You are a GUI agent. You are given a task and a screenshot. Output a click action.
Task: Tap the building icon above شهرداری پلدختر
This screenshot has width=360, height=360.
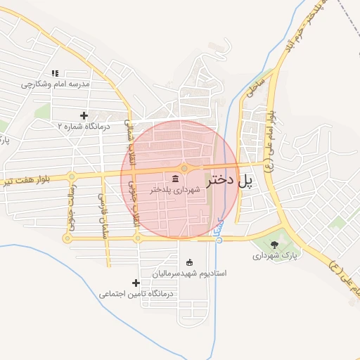[174, 179]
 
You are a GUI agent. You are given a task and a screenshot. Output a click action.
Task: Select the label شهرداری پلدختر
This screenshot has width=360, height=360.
[175, 190]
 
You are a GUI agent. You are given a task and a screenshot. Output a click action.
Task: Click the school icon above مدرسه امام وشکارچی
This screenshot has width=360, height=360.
[55, 73]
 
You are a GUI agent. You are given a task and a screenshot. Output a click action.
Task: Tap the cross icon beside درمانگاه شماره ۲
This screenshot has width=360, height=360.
[84, 115]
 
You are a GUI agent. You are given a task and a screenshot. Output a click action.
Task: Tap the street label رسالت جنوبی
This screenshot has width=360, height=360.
[71, 208]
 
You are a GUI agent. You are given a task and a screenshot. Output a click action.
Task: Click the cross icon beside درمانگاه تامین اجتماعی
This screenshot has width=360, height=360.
[136, 283]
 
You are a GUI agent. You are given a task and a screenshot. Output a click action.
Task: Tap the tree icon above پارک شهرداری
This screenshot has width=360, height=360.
[274, 245]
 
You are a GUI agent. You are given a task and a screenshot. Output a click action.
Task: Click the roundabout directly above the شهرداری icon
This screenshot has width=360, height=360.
[184, 168]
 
